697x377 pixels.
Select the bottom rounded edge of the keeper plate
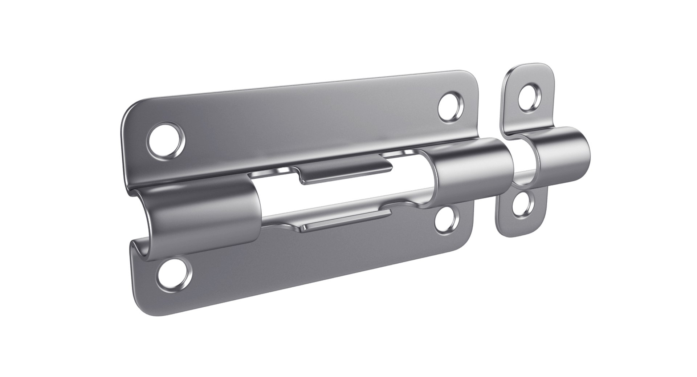(x=519, y=234)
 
